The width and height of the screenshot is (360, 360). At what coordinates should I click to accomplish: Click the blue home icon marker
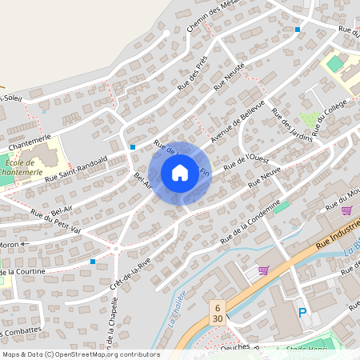[180, 172]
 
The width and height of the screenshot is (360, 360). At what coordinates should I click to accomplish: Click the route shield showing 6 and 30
[218, 311]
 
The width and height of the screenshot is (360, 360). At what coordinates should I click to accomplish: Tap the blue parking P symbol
[302, 313]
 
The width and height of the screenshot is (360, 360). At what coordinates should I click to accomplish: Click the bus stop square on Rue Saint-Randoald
[133, 147]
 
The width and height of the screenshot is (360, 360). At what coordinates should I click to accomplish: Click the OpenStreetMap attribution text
[80, 354]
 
